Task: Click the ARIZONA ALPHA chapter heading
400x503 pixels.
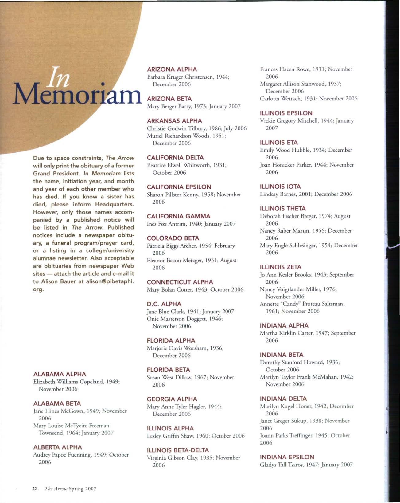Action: (172, 69)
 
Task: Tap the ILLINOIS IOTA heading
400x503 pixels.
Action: (280, 187)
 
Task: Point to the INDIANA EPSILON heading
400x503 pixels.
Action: (287, 457)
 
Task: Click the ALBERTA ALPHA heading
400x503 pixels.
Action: (57, 447)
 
